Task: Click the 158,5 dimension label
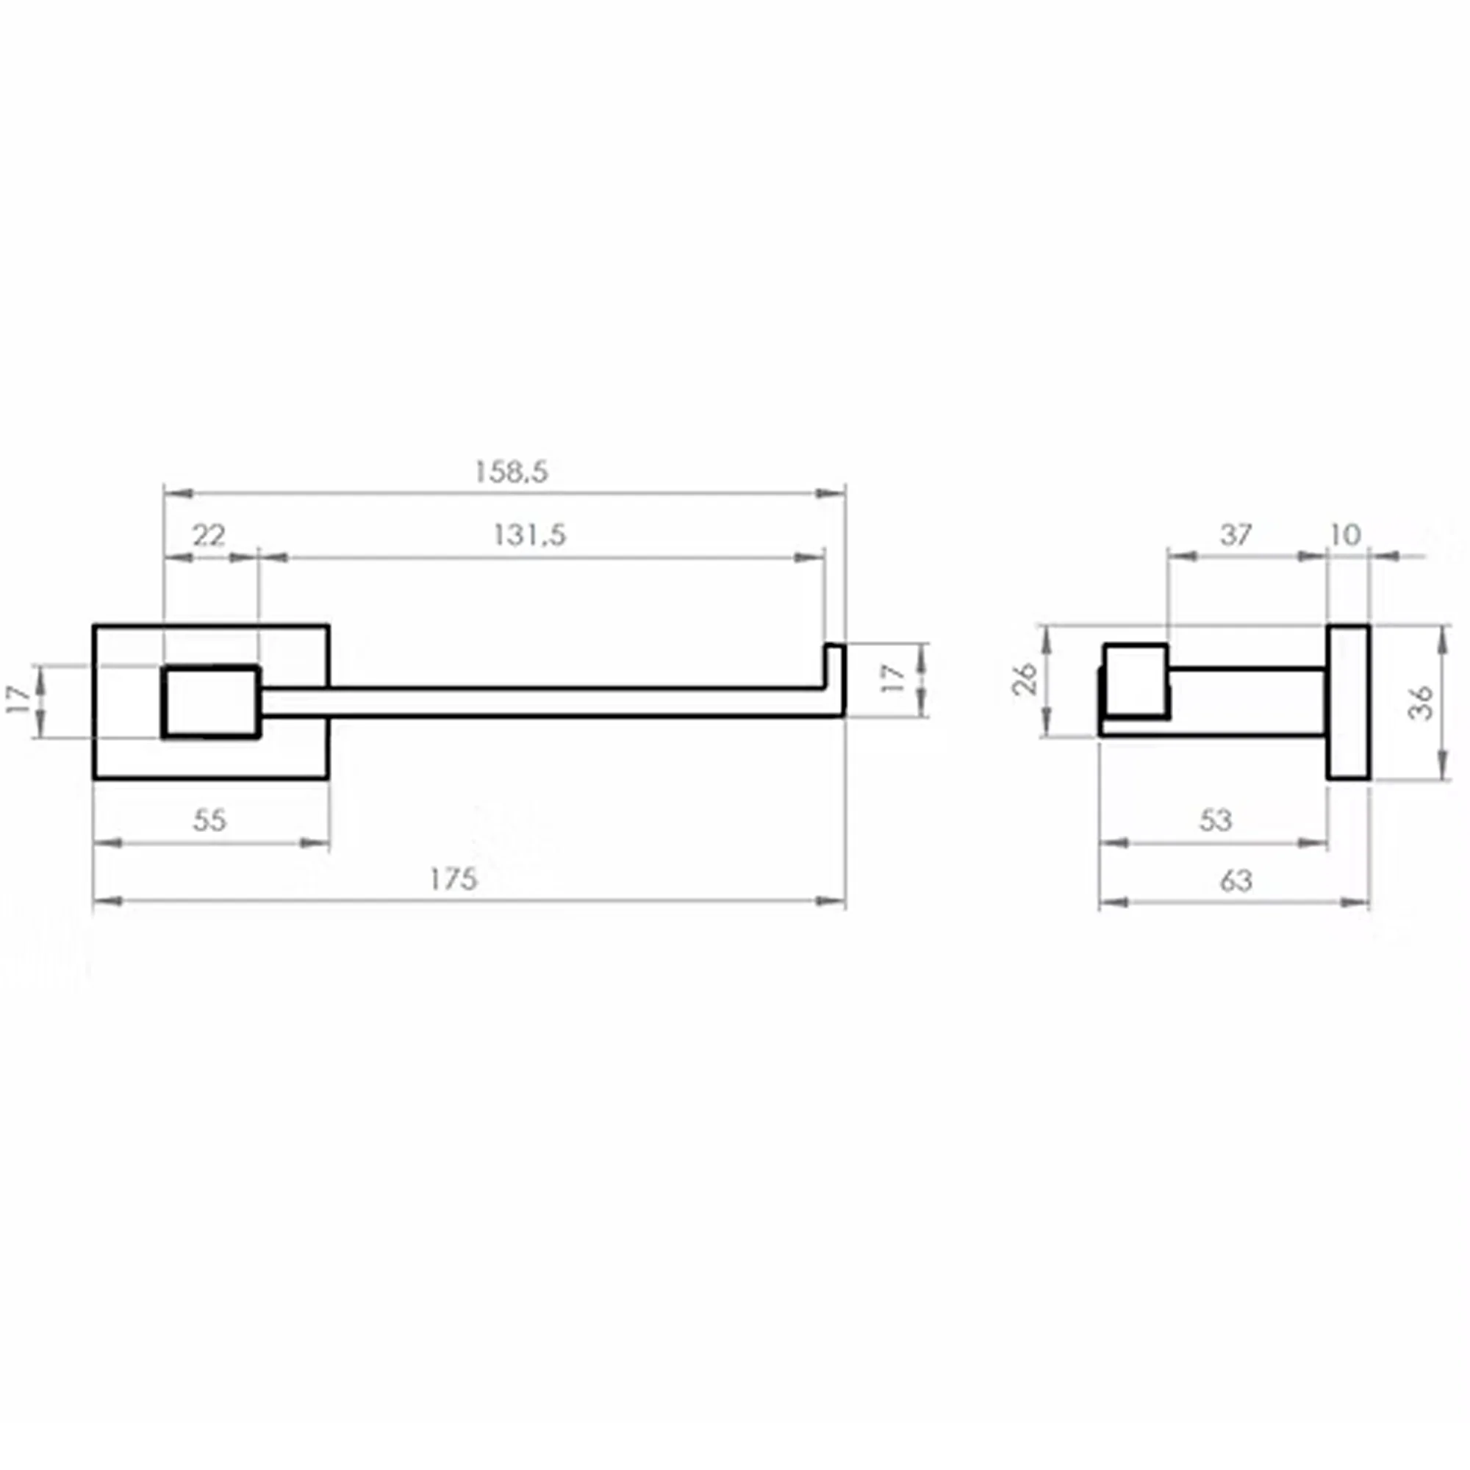512,472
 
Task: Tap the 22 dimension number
209,536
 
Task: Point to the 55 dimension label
209,820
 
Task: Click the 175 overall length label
453,880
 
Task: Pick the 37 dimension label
1236,535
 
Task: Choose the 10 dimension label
1345,535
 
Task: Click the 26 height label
1025,678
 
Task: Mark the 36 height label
1421,702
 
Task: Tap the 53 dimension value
1215,820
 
